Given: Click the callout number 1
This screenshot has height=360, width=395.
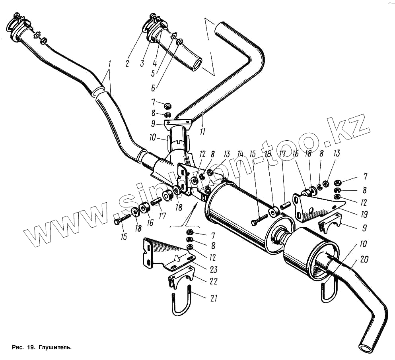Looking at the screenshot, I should [x=109, y=64].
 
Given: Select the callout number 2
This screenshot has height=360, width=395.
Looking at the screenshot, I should [x=127, y=64].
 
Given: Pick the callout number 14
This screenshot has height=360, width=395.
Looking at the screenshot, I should [x=240, y=154].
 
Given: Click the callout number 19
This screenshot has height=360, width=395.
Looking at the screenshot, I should [x=363, y=215].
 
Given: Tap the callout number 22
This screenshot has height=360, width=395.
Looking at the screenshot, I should [x=214, y=281].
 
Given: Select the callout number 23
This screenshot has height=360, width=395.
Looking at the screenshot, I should [x=214, y=270].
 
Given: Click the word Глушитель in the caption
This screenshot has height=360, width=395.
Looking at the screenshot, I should [x=55, y=347].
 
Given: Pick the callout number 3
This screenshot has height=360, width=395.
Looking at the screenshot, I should [x=142, y=64].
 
